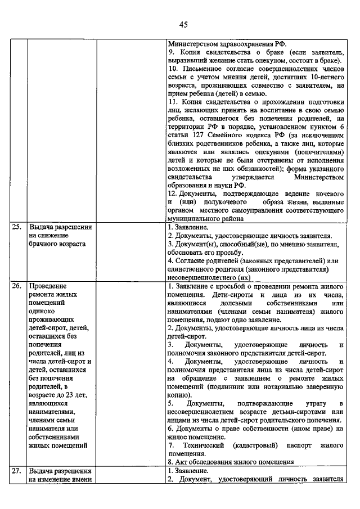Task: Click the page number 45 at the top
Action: coord(183,24)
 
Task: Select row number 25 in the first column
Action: coord(17,227)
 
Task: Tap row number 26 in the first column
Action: coord(17,286)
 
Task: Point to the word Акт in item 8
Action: coord(181,462)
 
